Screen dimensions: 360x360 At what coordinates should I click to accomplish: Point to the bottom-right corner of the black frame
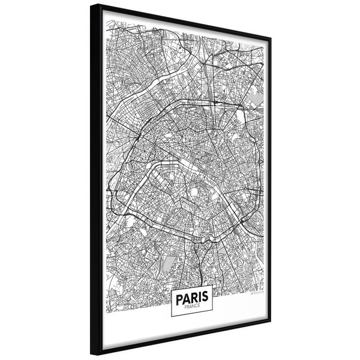tap(271, 323)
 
